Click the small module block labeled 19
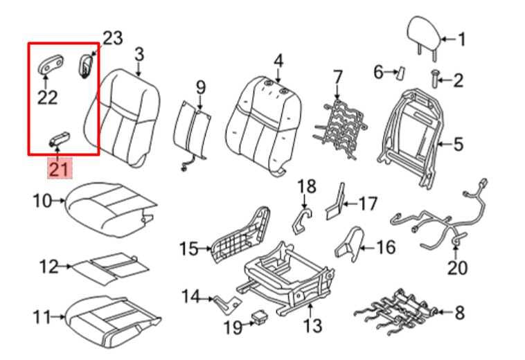coord(260,318)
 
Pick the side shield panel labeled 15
coord(238,235)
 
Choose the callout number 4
coord(278,61)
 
